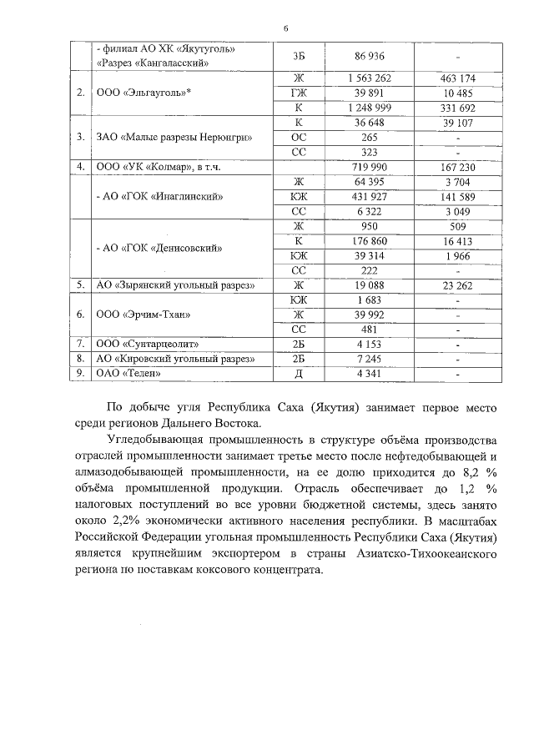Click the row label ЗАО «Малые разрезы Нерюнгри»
click(x=174, y=137)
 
